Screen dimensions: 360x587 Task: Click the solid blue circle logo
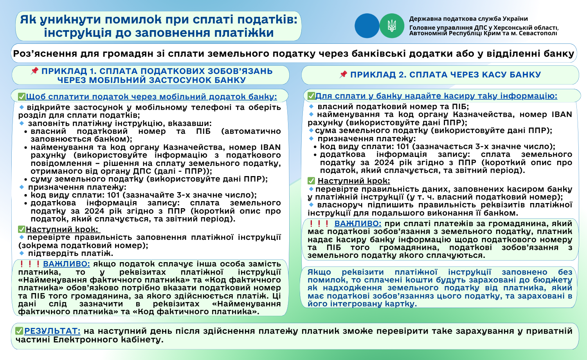[367, 26]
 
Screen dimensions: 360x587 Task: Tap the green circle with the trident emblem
[392, 26]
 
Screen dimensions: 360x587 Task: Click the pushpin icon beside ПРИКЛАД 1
[34, 71]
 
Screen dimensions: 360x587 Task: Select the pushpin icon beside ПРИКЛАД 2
[343, 74]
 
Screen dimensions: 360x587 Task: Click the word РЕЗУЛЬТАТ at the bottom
[52, 331]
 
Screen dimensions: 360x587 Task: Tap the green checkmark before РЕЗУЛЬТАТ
[19, 331]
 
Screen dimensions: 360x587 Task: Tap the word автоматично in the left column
[251, 131]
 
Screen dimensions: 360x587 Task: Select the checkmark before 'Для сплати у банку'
[311, 96]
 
